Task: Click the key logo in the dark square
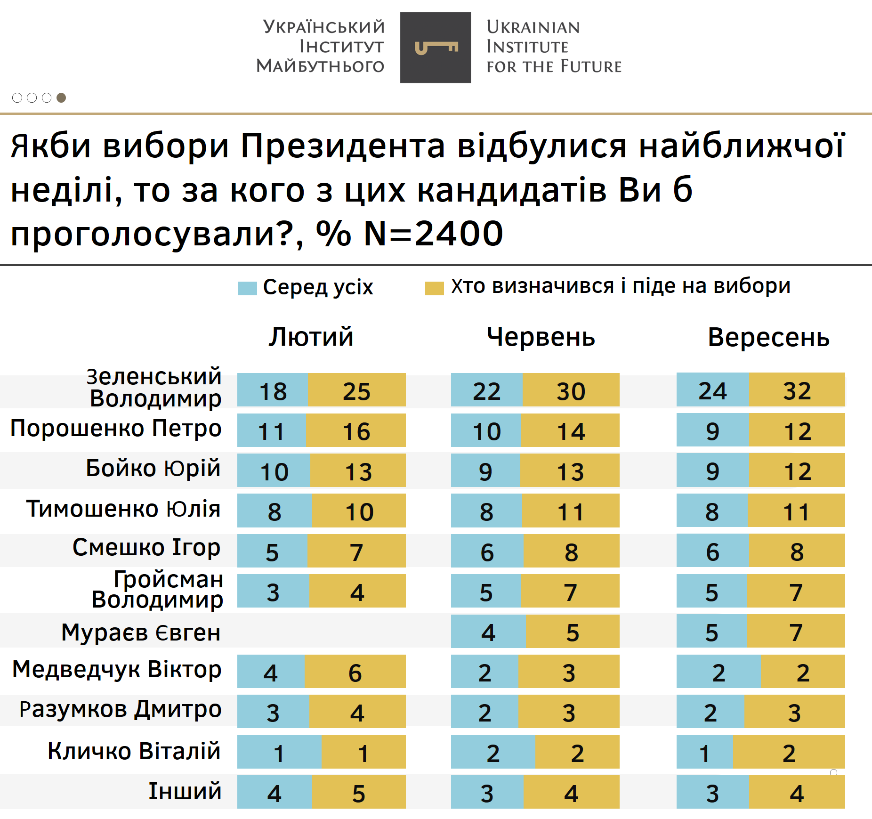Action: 436,48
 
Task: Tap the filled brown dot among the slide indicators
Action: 61,97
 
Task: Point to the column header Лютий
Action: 311,337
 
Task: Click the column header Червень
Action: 541,337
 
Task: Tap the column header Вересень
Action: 768,337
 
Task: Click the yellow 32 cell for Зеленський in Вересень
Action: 797,390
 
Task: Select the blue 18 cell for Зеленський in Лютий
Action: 273,390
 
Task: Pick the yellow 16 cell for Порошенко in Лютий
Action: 356,430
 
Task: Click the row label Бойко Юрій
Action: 153,469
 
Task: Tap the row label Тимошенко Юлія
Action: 123,509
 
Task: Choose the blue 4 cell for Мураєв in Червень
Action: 488,632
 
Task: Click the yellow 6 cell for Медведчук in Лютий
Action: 355,672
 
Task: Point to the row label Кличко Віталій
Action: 134,751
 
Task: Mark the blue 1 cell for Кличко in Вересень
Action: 704,753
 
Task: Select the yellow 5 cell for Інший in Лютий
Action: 358,793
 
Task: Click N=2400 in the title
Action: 433,234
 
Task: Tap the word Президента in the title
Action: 343,146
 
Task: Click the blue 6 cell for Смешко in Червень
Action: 487,551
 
